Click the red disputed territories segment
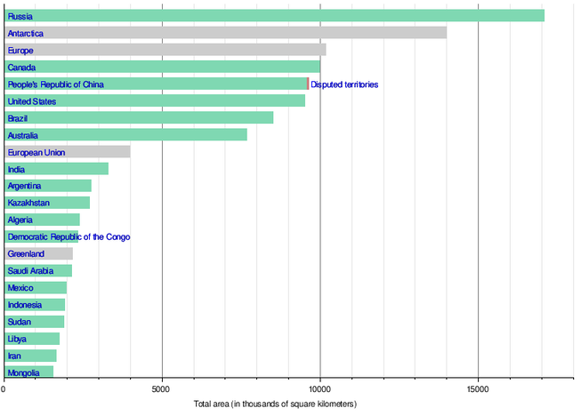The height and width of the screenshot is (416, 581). pos(308,84)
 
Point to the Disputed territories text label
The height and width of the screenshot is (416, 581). pos(344,84)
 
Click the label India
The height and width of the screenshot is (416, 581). pos(16,169)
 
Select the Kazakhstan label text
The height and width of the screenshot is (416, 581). pos(28,203)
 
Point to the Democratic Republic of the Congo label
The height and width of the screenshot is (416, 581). pos(69,237)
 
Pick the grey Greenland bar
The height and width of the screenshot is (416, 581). pos(53,254)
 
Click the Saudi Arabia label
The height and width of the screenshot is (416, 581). pos(30,271)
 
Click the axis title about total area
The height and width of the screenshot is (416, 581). pos(275,404)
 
